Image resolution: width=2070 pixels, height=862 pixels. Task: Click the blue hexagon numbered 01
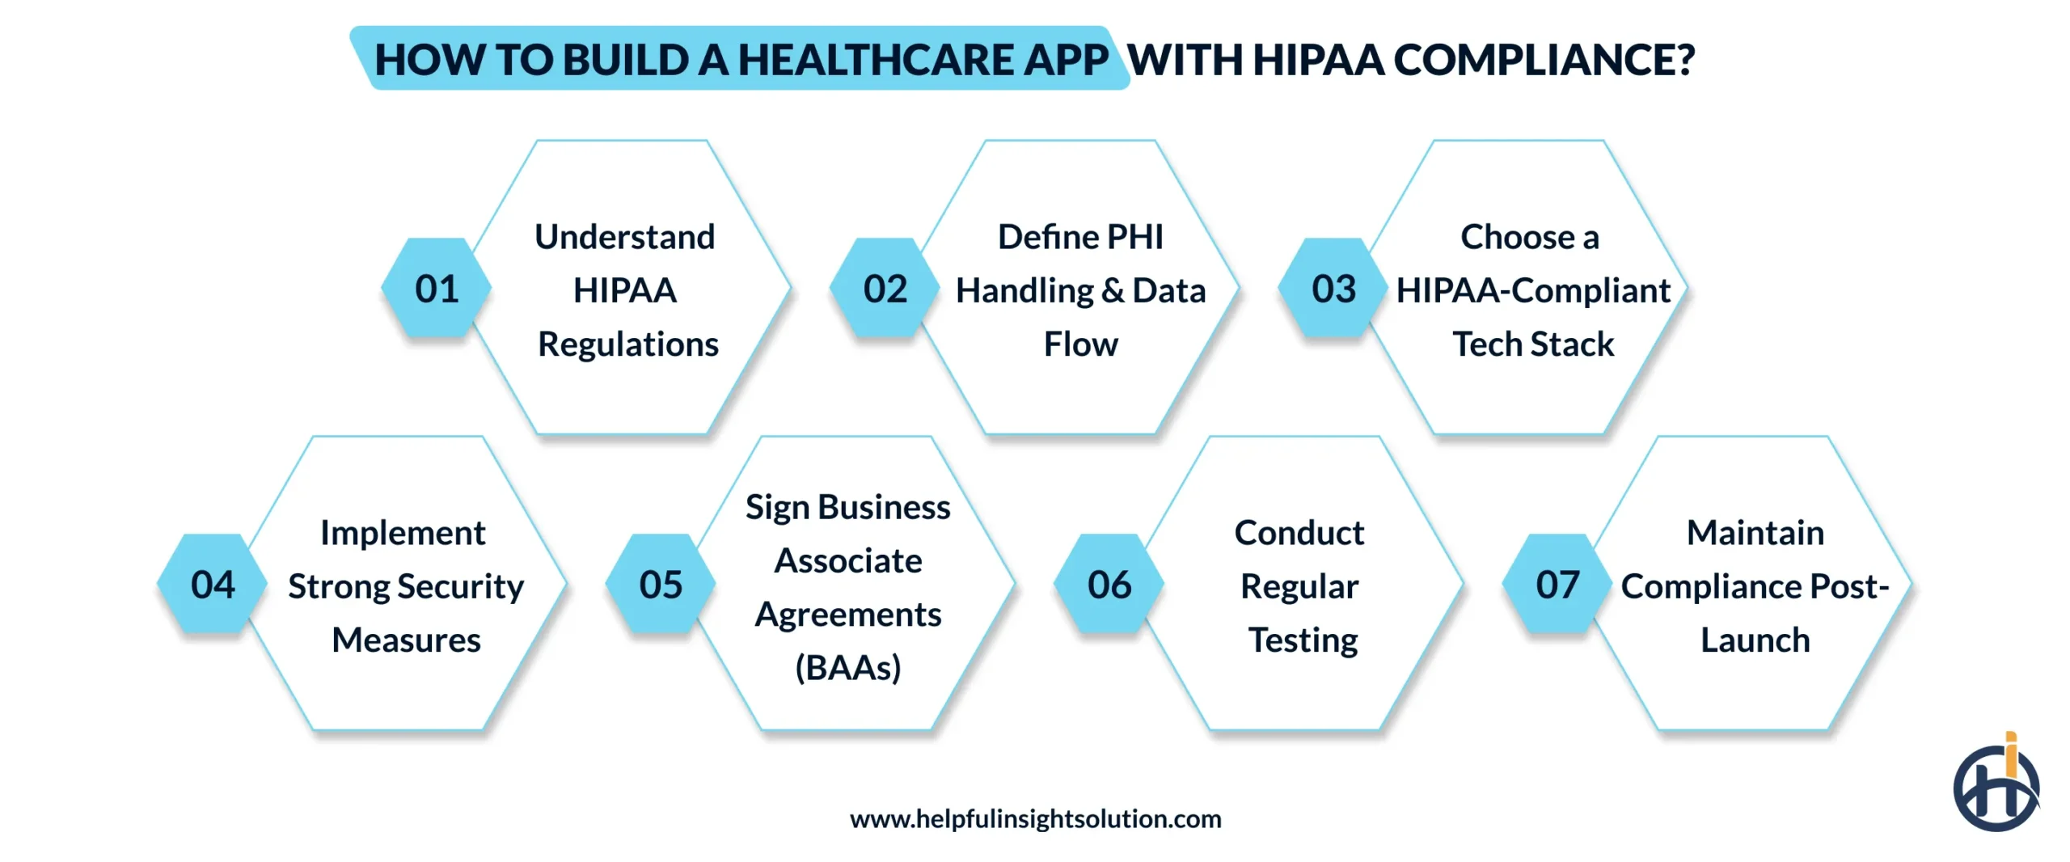pos(437,289)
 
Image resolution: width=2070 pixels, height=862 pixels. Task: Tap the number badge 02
pos(885,289)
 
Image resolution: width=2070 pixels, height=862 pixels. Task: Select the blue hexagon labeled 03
pos(1333,289)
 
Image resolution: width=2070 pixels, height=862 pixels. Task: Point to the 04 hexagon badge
pos(213,585)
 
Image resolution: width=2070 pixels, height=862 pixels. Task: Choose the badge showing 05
pos(661,585)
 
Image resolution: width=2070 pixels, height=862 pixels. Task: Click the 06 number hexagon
pos(1109,585)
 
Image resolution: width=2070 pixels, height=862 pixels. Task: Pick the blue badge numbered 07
pos(1557,585)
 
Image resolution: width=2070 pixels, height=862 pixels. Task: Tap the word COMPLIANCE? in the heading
pos(1544,60)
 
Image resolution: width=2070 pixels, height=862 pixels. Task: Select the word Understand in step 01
pos(625,237)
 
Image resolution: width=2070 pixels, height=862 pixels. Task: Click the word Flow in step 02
pos(1080,344)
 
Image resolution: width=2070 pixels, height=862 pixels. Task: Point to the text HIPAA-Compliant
pos(1533,290)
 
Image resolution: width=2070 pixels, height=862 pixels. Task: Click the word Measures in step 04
pos(406,640)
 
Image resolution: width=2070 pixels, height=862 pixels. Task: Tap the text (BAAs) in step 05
pos(847,668)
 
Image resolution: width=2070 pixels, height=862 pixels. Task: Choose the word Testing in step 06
pos(1303,640)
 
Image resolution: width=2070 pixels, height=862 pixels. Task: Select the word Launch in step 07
pos(1755,640)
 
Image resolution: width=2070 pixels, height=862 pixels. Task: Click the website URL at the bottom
pos(1035,819)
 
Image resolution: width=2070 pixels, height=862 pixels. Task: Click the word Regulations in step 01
pos(628,344)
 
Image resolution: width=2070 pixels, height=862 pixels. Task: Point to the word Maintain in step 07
pos(1755,533)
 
